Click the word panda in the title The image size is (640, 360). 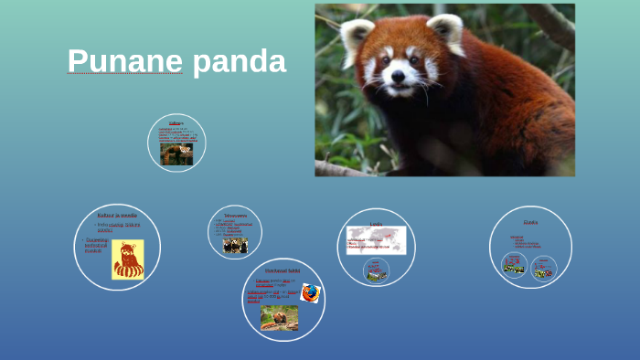pos(240,61)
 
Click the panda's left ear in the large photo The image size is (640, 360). pos(357,37)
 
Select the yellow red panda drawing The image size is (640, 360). pos(128,259)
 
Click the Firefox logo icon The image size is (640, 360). pos(311,292)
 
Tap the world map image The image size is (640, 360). pos(376,239)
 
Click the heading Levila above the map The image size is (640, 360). pos(376,223)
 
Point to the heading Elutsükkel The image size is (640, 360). pos(530,222)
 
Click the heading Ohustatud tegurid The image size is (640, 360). pos(283,270)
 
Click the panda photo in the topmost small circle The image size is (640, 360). pos(176,154)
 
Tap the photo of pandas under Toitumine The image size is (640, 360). pos(235,246)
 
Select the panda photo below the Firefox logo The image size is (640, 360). pos(279,317)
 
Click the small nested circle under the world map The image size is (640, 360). pos(376,270)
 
